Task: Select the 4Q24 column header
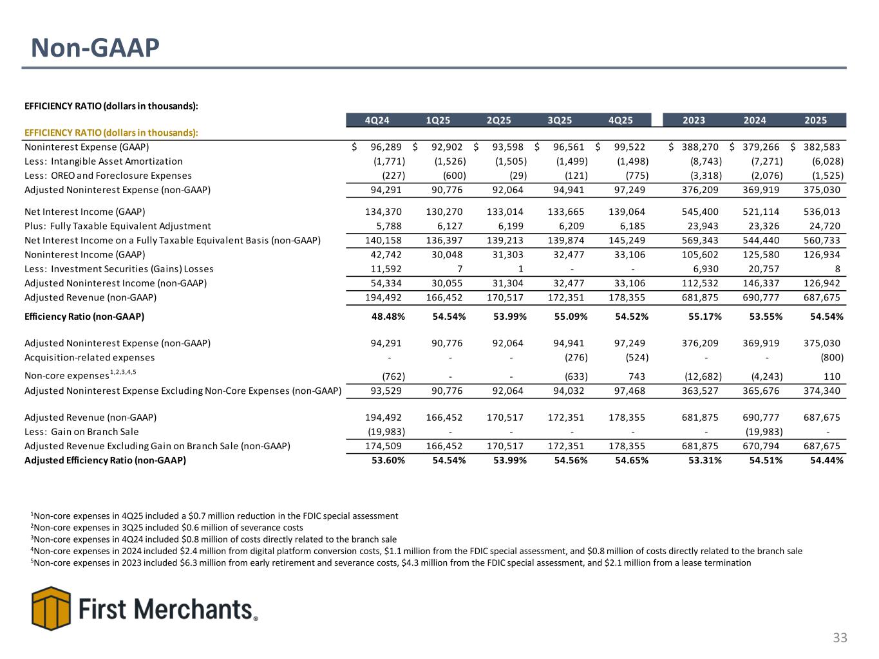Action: [377, 120]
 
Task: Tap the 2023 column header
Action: [694, 120]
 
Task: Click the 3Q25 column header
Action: [560, 120]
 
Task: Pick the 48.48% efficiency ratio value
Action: [386, 317]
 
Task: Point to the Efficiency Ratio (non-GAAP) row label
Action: [84, 317]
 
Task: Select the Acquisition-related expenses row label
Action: [90, 357]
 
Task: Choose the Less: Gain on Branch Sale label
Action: [81, 432]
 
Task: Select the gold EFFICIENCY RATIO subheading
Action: [111, 133]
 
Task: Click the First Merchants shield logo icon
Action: [51, 608]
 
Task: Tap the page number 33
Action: [840, 638]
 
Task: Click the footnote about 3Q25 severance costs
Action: [167, 527]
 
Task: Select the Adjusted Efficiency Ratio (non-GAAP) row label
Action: [105, 460]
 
